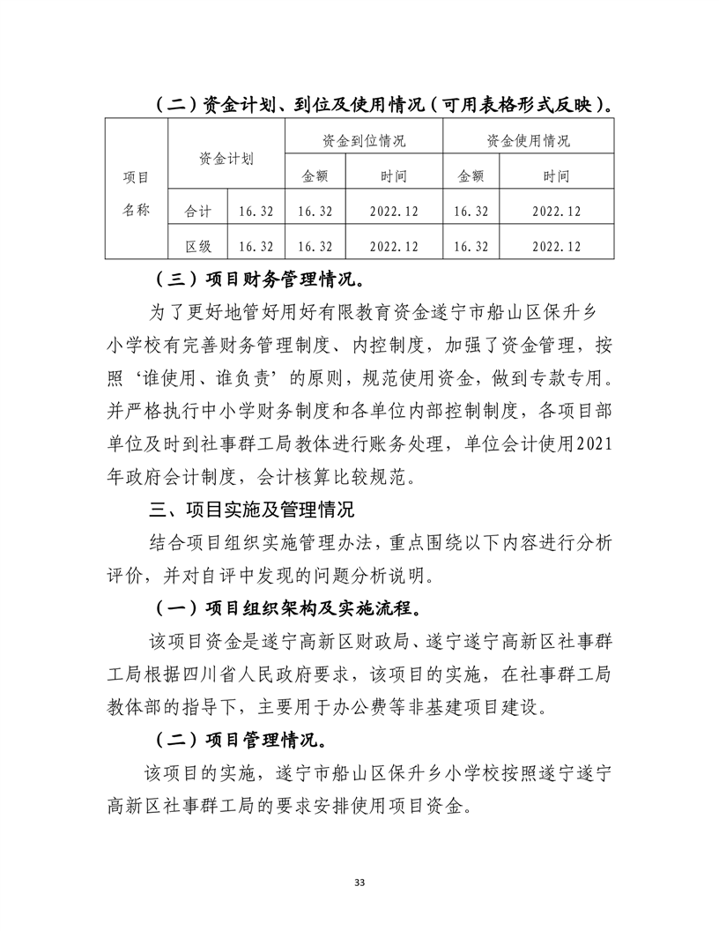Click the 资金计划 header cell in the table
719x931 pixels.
click(226, 159)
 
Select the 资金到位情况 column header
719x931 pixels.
click(363, 140)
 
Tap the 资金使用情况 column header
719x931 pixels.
click(528, 140)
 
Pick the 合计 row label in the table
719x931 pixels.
click(197, 212)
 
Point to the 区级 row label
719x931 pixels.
click(197, 247)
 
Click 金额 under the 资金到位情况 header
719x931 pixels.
click(315, 176)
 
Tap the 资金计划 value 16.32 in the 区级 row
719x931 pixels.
click(256, 247)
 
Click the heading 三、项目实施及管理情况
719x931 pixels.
click(253, 510)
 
